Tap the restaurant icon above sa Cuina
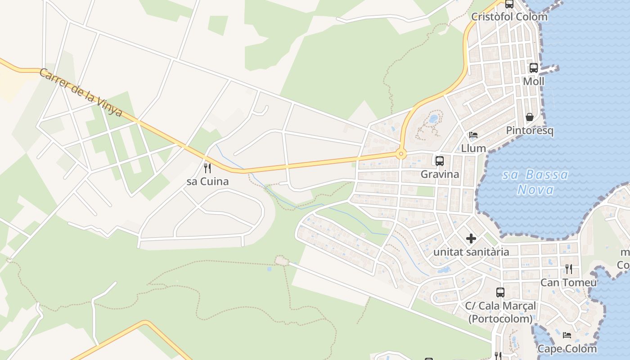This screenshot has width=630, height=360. (207, 168)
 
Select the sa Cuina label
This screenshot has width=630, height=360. (207, 181)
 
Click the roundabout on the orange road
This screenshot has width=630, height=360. (401, 154)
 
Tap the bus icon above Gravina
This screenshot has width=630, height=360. (440, 161)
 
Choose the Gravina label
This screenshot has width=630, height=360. (440, 174)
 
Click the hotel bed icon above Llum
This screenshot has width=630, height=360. (473, 135)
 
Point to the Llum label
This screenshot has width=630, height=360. (473, 148)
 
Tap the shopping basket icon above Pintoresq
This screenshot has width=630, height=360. (530, 117)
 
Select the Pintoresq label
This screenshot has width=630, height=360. (530, 130)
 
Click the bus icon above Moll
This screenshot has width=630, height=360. (534, 68)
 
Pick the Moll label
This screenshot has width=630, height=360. (534, 81)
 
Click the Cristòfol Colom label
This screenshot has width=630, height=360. (509, 17)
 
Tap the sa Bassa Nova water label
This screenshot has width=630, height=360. (535, 182)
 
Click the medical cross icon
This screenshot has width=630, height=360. (471, 238)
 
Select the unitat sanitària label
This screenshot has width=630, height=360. (471, 252)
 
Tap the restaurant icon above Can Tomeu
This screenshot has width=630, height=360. (569, 269)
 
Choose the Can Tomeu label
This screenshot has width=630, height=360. (569, 283)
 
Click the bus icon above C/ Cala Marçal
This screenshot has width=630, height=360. (500, 292)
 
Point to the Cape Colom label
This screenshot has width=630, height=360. (567, 349)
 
